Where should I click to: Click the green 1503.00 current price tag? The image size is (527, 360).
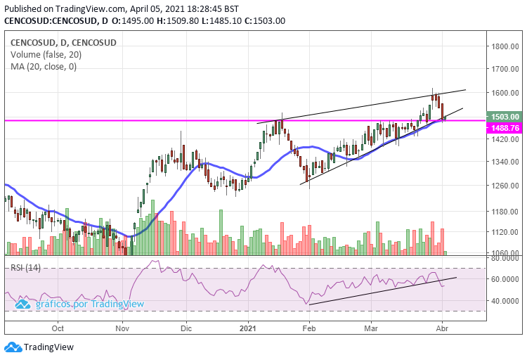coord(505,117)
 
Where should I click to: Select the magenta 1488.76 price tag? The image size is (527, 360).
coord(505,128)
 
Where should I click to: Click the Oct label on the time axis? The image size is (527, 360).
coord(58,328)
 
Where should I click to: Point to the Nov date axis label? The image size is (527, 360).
coord(122,328)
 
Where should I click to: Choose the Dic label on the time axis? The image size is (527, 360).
coord(186,328)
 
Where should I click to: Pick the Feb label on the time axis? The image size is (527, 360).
coord(309,328)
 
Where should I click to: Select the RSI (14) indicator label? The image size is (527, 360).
coord(25,267)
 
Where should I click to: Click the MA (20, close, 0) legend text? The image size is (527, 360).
coord(44,67)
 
